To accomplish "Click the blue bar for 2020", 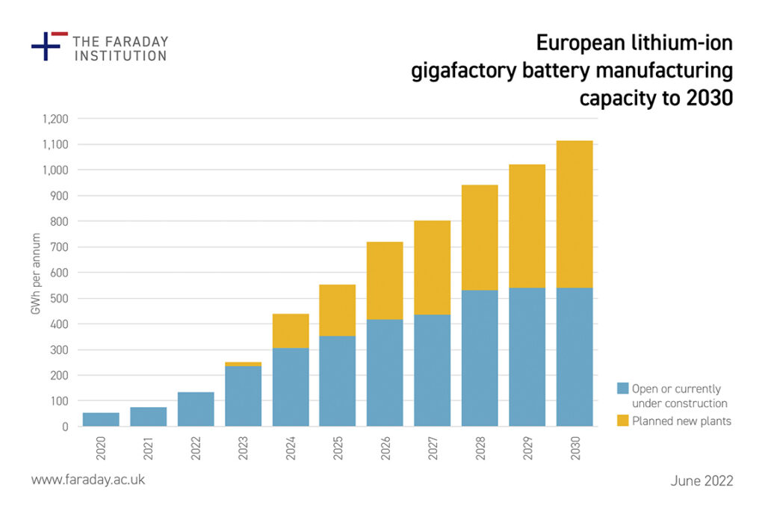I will click(101, 419).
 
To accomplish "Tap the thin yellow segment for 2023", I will click(243, 364).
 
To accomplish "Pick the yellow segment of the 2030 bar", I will click(574, 214).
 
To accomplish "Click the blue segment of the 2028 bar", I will click(480, 358).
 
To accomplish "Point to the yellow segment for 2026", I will click(385, 280).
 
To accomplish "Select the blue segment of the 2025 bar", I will click(338, 381).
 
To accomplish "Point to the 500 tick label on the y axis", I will click(60, 298).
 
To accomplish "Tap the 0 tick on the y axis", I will click(65, 427).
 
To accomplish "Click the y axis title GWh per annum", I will click(36, 273).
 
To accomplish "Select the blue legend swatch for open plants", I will click(622, 388).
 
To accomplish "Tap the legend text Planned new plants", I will click(681, 421).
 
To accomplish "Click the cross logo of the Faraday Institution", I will click(47, 46).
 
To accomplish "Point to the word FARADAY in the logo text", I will click(134, 41).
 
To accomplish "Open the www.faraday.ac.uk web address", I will click(88, 480).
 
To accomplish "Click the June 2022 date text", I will click(701, 480).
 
